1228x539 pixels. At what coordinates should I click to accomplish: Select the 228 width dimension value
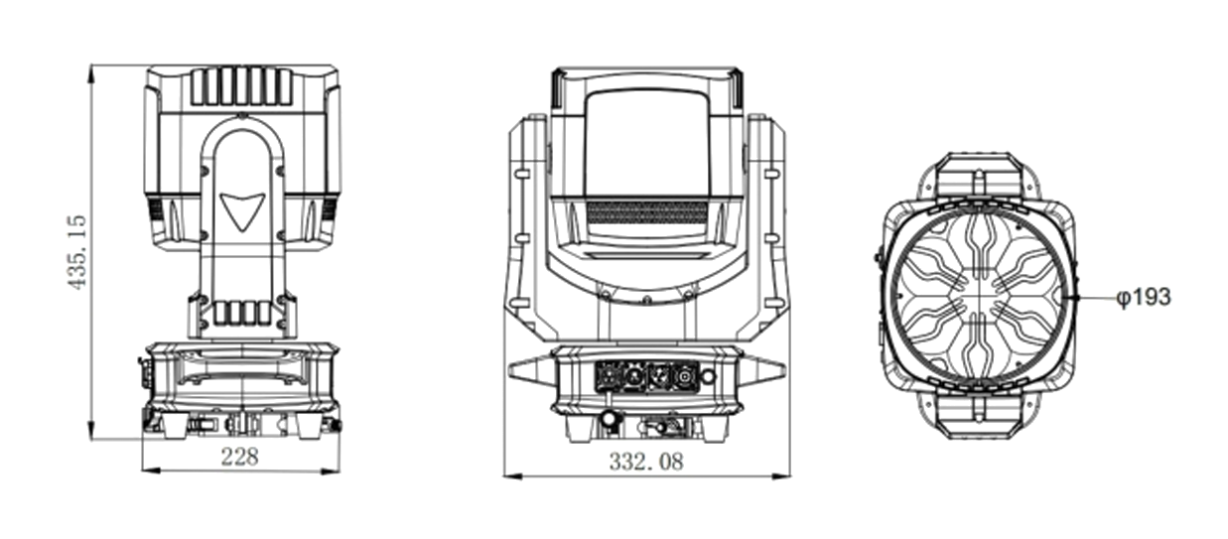tap(238, 458)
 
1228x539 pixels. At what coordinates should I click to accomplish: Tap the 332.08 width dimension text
tap(645, 462)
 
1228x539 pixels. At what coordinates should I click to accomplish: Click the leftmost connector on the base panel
tap(608, 377)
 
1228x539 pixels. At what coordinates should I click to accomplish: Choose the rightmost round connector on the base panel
tap(685, 377)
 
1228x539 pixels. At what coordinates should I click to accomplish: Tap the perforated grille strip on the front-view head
tap(646, 211)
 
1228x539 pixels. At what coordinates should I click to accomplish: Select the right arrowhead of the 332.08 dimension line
tap(783, 476)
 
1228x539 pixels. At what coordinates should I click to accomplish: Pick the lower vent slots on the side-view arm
tap(240, 314)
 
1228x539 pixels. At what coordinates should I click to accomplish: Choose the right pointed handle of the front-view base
tap(769, 369)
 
